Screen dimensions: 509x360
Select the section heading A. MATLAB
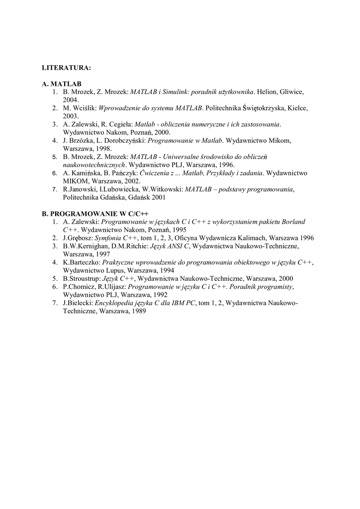point(62,85)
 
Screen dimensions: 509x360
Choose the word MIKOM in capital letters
point(74,181)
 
